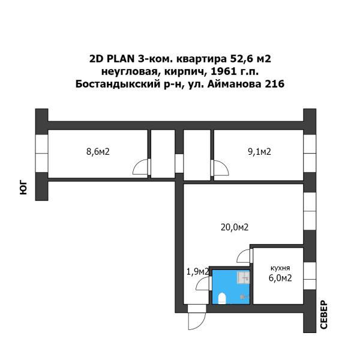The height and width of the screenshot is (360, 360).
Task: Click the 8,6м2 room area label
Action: tap(98, 152)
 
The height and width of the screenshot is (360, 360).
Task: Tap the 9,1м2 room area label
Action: tap(259, 152)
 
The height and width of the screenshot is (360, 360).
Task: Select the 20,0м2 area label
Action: tap(235, 227)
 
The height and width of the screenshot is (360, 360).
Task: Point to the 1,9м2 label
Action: tap(197, 272)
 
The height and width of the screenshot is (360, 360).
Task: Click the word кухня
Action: tap(280, 268)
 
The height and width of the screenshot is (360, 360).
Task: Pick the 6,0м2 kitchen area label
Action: tap(280, 278)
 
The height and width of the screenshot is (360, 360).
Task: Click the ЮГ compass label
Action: tap(23, 188)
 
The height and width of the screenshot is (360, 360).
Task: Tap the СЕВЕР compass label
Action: tap(324, 314)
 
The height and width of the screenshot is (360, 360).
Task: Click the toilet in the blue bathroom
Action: tap(222, 298)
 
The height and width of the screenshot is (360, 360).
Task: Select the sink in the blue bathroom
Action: tap(244, 278)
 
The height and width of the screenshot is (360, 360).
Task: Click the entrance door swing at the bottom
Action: tap(197, 317)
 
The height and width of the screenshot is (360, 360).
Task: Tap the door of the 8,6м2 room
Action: tap(141, 167)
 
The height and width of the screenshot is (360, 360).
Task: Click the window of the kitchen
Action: tap(310, 276)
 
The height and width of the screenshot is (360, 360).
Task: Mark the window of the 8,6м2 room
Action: tap(41, 153)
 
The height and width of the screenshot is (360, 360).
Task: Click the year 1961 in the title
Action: tap(224, 72)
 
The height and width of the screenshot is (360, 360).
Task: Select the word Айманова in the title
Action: tap(235, 84)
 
